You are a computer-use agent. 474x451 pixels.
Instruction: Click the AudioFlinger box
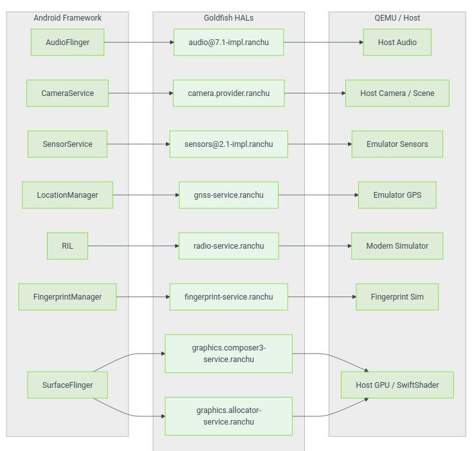tap(68, 43)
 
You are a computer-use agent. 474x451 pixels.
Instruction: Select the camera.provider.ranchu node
tap(229, 93)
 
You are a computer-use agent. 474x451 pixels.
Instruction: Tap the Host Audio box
tap(397, 43)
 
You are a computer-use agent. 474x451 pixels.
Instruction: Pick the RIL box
tap(68, 246)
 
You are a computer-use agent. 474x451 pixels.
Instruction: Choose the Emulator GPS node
tap(397, 195)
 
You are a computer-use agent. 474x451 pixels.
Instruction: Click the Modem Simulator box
tap(397, 246)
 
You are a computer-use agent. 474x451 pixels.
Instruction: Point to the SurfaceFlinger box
tap(68, 385)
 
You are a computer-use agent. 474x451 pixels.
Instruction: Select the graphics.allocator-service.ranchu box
tap(229, 416)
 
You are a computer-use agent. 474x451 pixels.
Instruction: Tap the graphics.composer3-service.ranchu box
tap(229, 354)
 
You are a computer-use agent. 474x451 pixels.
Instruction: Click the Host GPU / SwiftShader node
tap(397, 385)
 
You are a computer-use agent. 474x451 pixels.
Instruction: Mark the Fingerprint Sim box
tap(397, 297)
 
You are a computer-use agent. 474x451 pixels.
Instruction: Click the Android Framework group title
tap(68, 18)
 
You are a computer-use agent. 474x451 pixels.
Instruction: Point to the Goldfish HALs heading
tap(229, 18)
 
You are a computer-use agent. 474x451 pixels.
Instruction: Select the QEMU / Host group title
tap(397, 18)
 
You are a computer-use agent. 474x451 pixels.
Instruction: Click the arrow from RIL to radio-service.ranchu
tap(133, 246)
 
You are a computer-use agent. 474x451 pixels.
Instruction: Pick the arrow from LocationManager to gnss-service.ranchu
tap(146, 195)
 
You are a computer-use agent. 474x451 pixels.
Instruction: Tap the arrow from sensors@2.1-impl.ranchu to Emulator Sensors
tap(320, 144)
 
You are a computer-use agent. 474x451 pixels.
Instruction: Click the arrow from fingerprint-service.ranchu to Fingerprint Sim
tap(322, 297)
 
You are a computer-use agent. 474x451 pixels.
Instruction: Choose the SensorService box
tap(68, 144)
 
